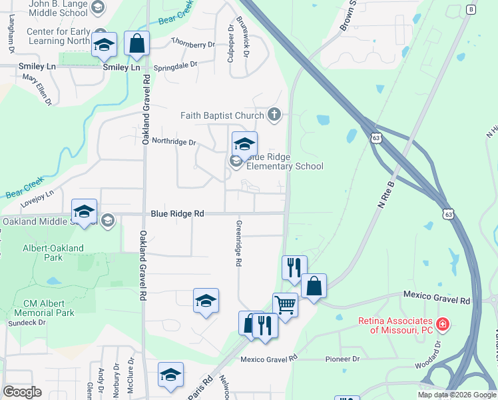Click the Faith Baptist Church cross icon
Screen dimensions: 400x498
(x=274, y=115)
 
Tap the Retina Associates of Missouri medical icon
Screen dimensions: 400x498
(x=443, y=325)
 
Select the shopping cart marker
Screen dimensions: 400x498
(x=285, y=305)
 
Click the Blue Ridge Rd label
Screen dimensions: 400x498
(x=177, y=213)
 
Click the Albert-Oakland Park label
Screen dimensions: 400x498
(x=53, y=253)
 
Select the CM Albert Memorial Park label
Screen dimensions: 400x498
(x=44, y=307)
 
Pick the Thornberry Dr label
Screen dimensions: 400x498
(x=193, y=44)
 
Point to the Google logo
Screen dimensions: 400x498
(x=22, y=392)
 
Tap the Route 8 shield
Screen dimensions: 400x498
(x=471, y=9)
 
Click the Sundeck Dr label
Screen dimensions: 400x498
(x=23, y=323)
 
